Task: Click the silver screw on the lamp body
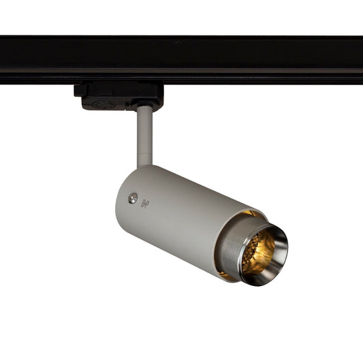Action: coord(133,198)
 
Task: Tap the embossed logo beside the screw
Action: coord(144,203)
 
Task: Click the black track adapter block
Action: coord(119,95)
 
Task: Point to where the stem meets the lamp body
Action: coord(145,165)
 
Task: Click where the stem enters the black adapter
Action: coord(144,108)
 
